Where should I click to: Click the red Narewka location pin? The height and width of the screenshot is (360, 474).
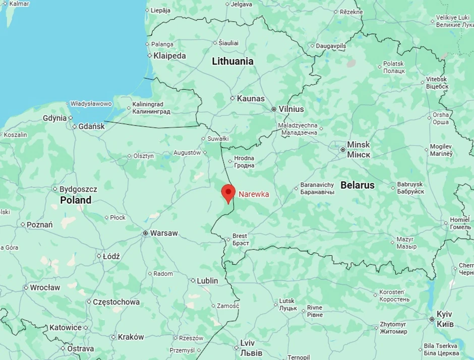pos(228,193)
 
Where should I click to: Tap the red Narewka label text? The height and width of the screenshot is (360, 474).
pos(254,194)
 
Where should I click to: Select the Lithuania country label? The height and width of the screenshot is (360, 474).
pos(232,62)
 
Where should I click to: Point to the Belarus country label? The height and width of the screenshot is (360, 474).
pos(358,185)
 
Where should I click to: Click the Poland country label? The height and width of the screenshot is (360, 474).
pos(76,200)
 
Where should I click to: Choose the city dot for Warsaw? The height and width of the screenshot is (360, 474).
pos(145,233)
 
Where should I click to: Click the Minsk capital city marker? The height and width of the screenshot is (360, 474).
pos(343,149)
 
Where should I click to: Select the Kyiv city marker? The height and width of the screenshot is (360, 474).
pos(432,319)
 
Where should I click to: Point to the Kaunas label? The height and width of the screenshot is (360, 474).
pos(251,99)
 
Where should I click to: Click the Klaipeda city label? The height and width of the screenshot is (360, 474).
pos(169,56)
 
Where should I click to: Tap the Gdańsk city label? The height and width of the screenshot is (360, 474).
pos(91,127)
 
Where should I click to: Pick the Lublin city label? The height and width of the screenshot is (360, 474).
pos(207,281)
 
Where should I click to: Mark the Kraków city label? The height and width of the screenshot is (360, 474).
pos(131,337)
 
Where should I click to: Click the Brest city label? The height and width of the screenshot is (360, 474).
pos(240,236)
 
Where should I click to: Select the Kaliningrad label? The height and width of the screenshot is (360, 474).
pos(148,104)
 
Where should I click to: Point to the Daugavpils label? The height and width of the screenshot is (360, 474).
pos(331,46)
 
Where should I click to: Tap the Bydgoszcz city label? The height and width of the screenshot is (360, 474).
pos(78,189)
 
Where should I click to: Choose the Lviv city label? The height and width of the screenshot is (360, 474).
pos(248,343)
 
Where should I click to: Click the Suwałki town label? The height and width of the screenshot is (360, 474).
pos(218,139)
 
